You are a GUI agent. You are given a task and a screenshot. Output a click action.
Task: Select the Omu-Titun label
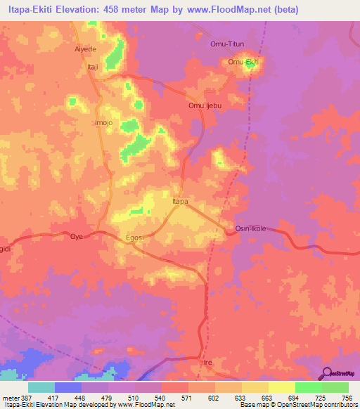226,44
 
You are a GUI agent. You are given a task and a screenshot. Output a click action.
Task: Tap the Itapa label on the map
181,202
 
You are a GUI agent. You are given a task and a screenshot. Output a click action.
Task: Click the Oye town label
77,237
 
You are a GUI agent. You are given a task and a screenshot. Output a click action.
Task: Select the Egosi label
134,238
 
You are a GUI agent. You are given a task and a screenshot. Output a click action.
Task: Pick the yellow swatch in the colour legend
281,387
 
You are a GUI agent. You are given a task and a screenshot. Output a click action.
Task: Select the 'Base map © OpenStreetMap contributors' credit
297,405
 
